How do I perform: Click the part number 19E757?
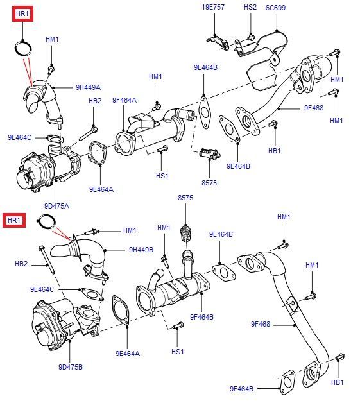[x=213, y=8]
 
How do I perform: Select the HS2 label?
[x=250, y=8]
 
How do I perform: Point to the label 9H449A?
[x=88, y=87]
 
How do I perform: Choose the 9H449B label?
[x=141, y=250]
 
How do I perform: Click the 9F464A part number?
[x=124, y=99]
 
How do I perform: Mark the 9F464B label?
[x=201, y=317]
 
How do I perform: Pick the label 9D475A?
[x=56, y=207]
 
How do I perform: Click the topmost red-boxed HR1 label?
[x=22, y=13]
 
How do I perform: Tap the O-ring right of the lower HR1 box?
[x=46, y=221]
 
